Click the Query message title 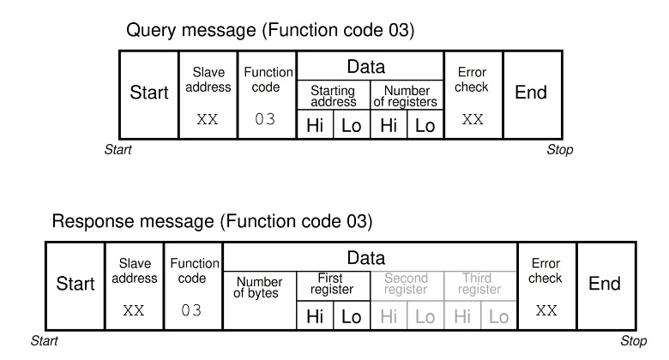270,31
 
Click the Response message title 212,222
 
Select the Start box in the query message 149,94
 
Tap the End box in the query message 533,94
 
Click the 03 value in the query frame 265,119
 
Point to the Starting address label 334,96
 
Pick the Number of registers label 406,96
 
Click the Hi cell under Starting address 315,124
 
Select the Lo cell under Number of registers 425,124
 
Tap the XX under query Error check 473,119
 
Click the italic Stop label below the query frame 560,150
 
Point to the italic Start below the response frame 45,341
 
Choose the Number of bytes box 259,301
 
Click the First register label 332,284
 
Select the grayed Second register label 406,284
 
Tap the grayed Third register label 479,284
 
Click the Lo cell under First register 352,315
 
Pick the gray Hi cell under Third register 462,315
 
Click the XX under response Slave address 134,310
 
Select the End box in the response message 606,285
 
